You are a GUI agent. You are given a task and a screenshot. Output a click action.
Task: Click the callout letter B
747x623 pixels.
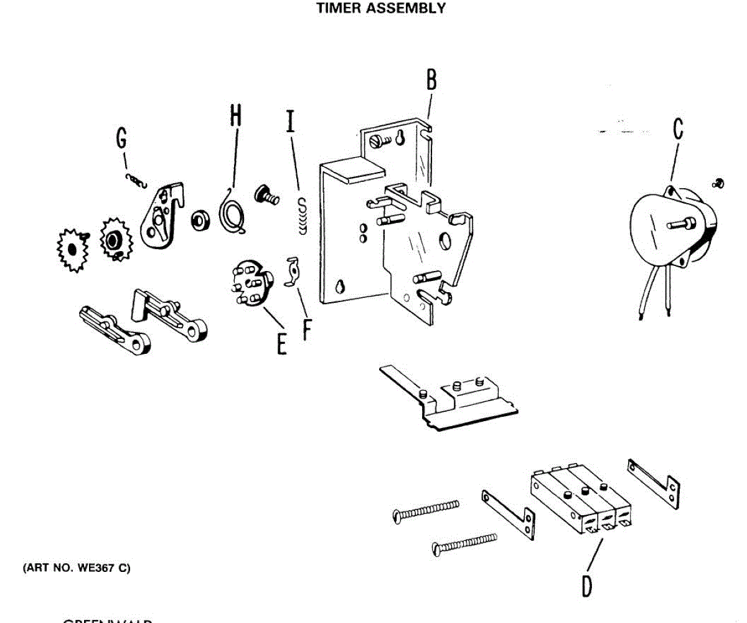tap(431, 82)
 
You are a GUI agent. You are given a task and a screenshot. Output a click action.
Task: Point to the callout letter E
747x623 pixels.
tap(282, 343)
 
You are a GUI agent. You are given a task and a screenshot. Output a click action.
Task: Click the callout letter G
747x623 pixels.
tap(122, 138)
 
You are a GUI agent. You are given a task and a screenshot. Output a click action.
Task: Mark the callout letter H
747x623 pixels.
tap(235, 116)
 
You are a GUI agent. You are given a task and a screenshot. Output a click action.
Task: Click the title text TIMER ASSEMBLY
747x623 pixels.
tap(381, 9)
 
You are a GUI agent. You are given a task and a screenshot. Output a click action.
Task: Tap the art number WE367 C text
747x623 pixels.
tap(77, 568)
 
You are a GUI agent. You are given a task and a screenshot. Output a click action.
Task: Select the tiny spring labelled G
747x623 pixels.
tap(136, 180)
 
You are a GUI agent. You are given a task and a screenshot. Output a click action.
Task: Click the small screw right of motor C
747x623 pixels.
tap(718, 183)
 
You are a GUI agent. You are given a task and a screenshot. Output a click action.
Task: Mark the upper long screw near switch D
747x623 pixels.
tap(427, 509)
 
